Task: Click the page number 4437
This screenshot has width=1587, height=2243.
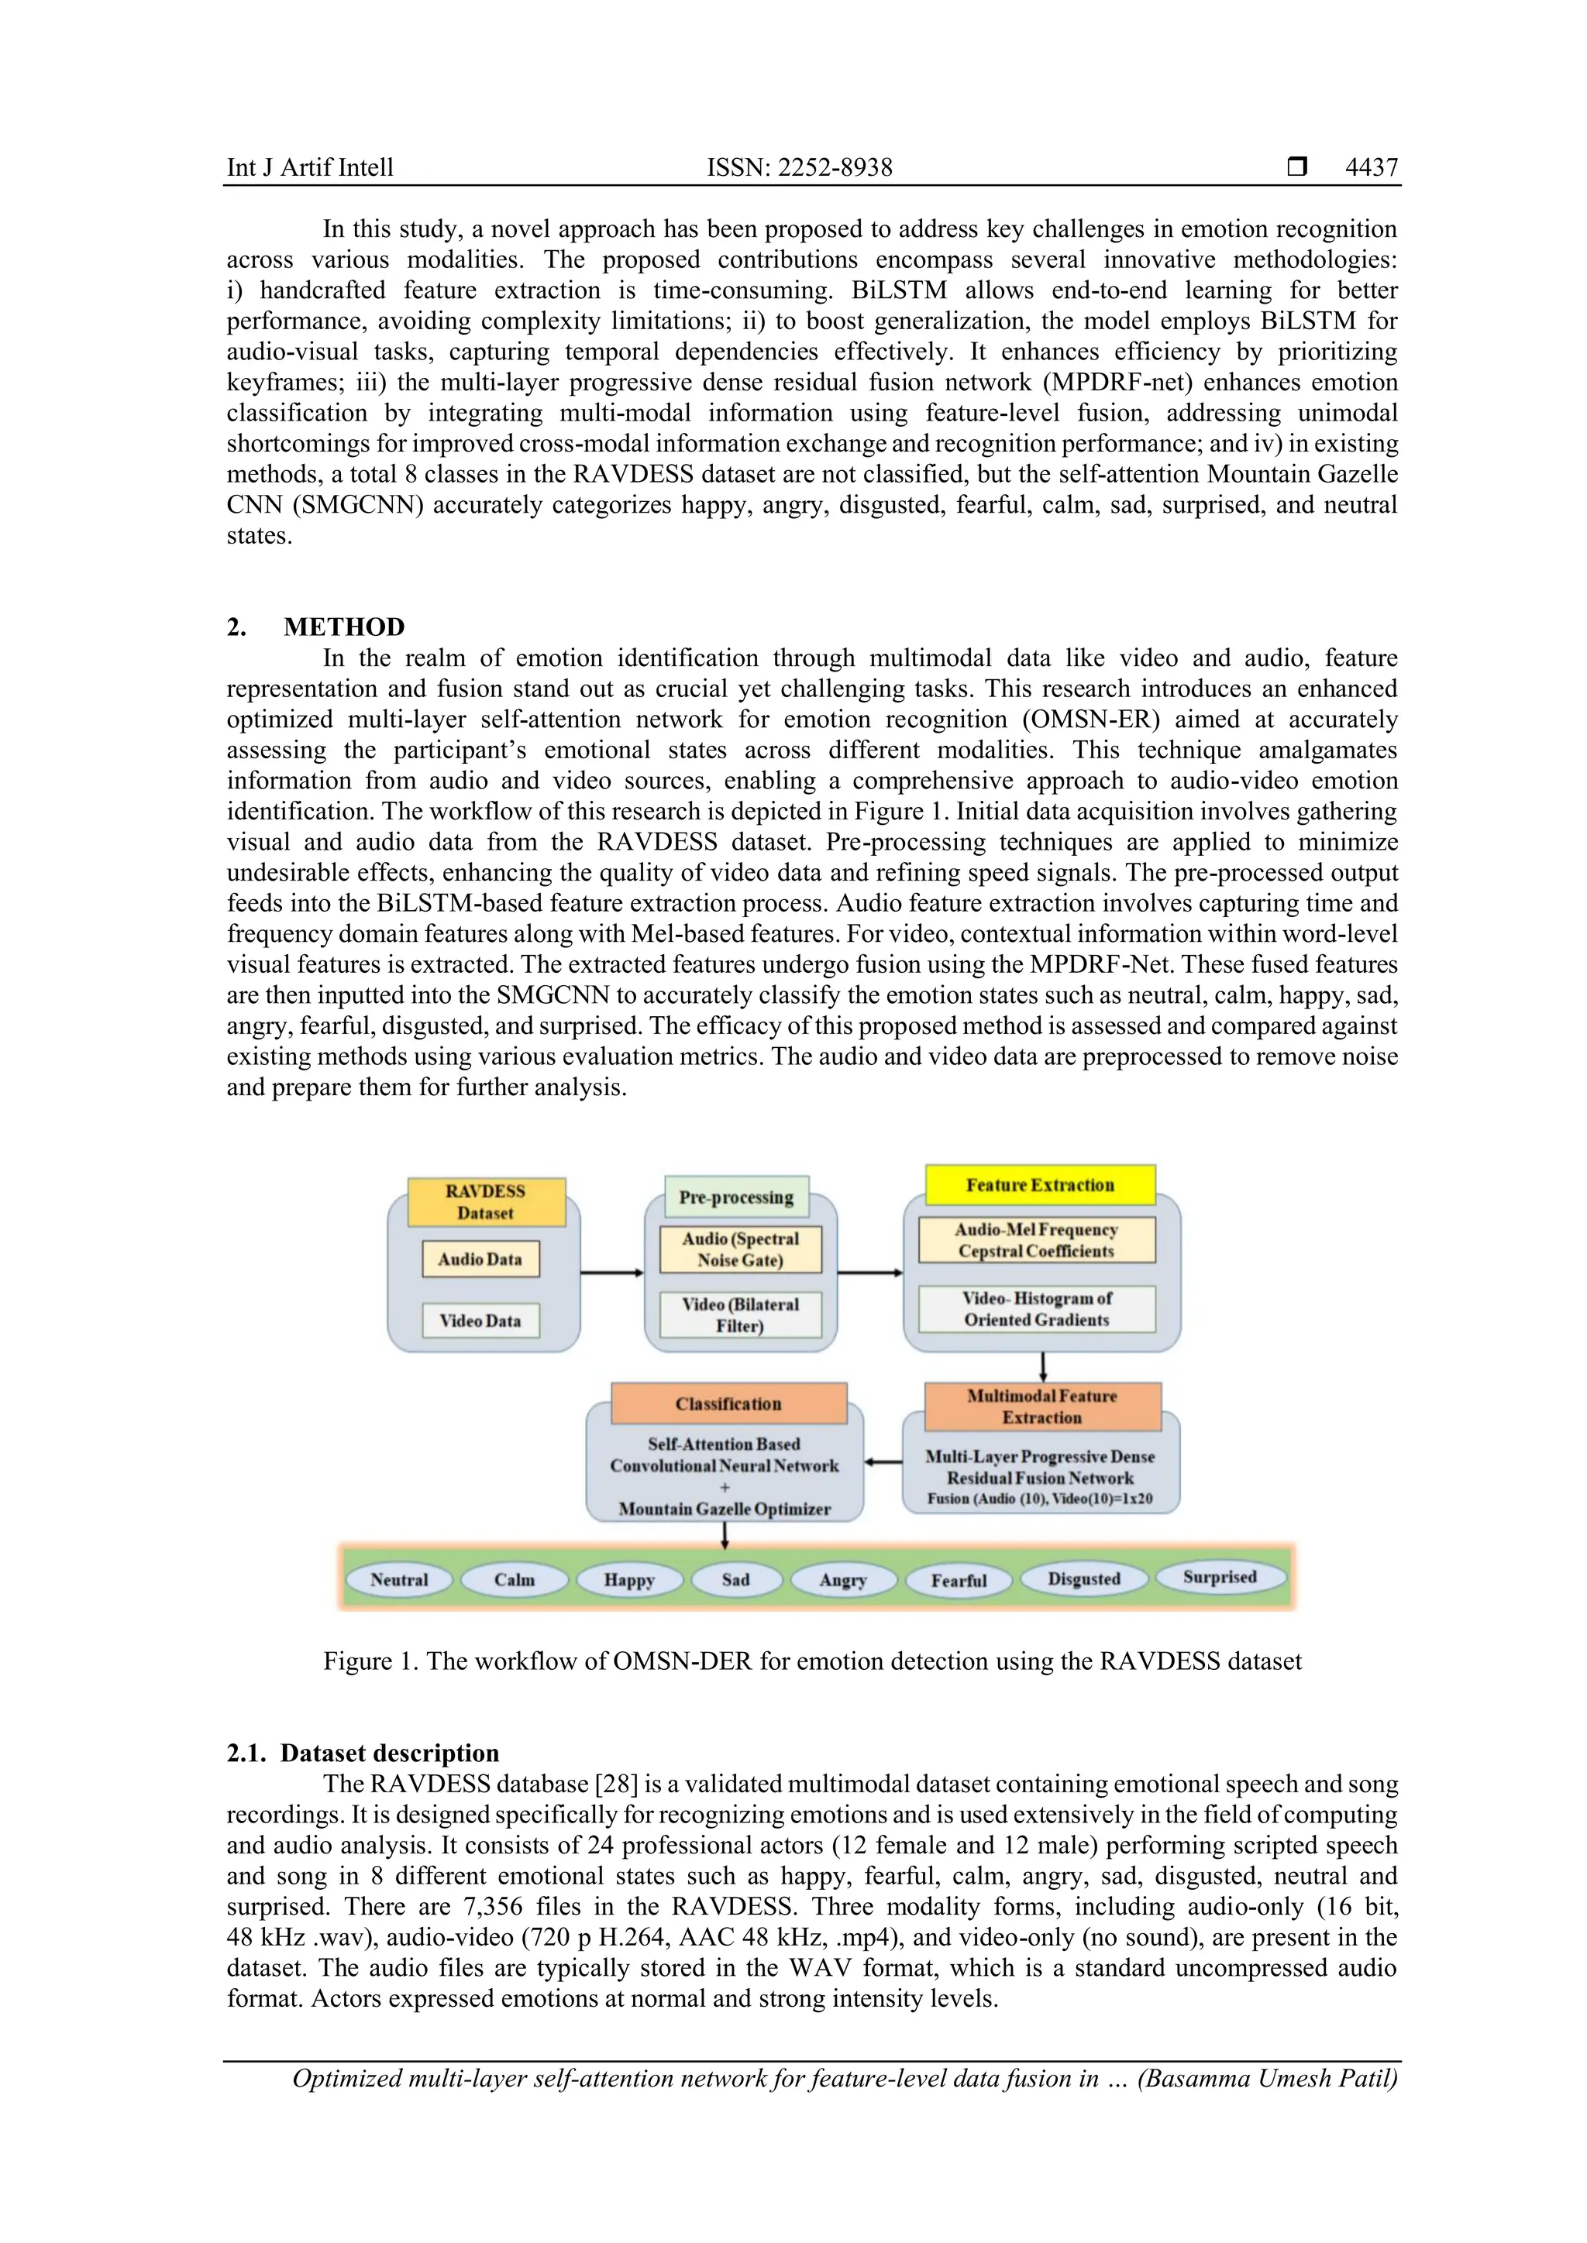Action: click(x=1371, y=167)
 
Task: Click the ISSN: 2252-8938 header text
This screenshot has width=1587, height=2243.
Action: click(x=800, y=167)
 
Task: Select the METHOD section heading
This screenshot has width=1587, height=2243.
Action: click(x=344, y=627)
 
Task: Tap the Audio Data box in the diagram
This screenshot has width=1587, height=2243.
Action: click(x=480, y=1259)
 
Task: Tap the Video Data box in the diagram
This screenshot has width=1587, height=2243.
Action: click(x=480, y=1321)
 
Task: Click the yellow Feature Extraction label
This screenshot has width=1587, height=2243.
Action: click(x=1040, y=1185)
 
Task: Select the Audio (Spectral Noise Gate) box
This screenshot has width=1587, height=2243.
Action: click(x=740, y=1249)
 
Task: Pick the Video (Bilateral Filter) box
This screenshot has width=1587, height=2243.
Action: click(x=740, y=1315)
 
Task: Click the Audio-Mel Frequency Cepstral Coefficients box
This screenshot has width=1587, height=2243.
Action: click(x=1036, y=1240)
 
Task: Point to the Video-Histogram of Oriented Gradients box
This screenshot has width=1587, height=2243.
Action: click(x=1036, y=1309)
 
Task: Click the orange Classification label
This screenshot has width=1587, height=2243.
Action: click(x=728, y=1404)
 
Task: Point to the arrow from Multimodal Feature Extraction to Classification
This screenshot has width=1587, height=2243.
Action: click(x=883, y=1462)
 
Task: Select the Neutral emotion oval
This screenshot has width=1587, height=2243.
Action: click(x=399, y=1580)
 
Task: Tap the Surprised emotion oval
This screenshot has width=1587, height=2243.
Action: click(x=1220, y=1577)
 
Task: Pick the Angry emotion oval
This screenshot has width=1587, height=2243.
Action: click(x=842, y=1580)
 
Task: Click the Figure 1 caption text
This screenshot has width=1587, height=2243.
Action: click(x=812, y=1662)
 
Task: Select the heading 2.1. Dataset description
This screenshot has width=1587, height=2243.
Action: click(x=363, y=1753)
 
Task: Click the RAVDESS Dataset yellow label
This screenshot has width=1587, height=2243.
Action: click(x=486, y=1201)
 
